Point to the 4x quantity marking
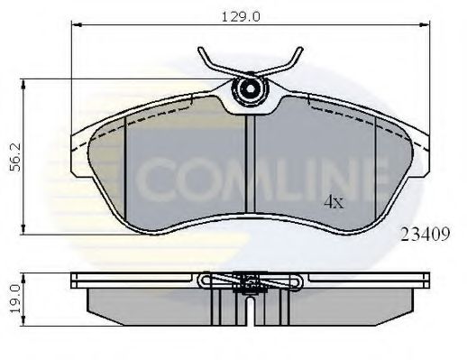[x=334, y=203]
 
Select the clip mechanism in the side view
[x=247, y=283]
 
